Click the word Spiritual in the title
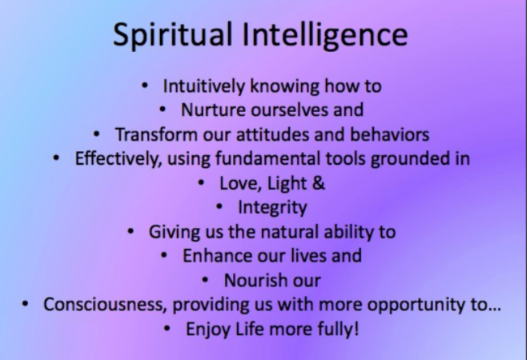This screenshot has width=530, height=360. (x=164, y=36)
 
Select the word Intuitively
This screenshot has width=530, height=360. (x=207, y=86)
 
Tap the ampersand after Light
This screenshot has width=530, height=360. (x=319, y=182)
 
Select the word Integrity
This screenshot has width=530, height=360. (x=272, y=207)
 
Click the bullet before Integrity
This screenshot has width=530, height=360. (x=219, y=208)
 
